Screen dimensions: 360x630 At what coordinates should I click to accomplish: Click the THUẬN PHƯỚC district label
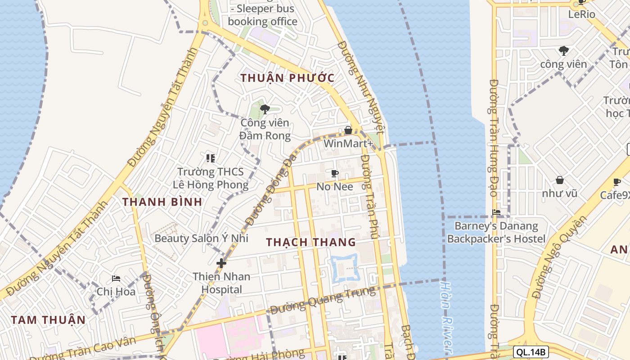[288, 78]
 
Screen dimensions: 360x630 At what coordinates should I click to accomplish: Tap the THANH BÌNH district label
[162, 202]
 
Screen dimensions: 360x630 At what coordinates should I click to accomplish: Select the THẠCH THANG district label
[311, 242]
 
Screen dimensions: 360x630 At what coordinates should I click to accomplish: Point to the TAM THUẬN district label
[48, 320]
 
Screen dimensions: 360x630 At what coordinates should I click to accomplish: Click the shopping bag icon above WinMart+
[348, 130]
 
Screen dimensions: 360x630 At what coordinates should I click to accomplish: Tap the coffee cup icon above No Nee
[335, 173]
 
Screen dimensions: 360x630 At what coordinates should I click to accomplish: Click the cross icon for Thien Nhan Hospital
[221, 263]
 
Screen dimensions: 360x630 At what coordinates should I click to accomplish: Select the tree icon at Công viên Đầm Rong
[265, 109]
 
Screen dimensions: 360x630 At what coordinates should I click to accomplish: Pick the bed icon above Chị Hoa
[116, 278]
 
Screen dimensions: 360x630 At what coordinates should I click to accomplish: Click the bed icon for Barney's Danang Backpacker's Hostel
[496, 212]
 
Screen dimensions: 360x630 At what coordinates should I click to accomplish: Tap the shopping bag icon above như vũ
[559, 180]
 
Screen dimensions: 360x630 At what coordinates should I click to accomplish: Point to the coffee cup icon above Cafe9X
[617, 182]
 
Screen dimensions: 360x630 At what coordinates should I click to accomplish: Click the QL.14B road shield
[531, 352]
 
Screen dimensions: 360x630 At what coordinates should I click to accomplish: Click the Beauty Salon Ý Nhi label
[201, 238]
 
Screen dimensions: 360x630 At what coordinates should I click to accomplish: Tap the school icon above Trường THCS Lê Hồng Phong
[210, 158]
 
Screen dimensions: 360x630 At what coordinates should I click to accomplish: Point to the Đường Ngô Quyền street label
[559, 257]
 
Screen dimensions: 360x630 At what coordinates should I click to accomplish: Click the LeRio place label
[581, 14]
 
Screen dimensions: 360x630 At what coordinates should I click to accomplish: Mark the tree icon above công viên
[563, 50]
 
